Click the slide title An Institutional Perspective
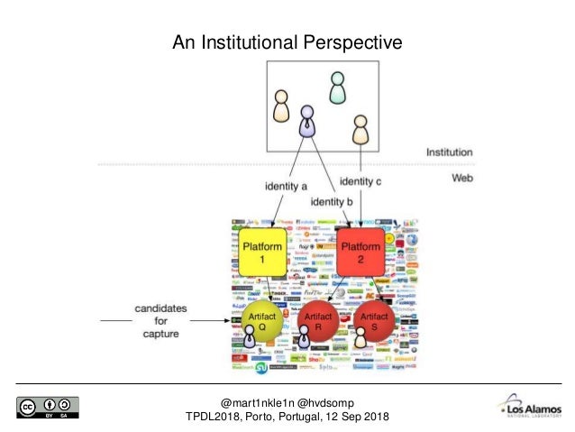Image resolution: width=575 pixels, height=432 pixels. (x=287, y=41)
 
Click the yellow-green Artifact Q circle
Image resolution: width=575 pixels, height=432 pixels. (x=257, y=324)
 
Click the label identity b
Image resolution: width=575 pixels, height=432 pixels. (x=332, y=201)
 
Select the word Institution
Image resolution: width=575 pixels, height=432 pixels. (x=449, y=152)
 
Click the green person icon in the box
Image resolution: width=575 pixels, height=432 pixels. (x=337, y=87)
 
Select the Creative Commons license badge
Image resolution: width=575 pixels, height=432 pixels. (x=47, y=407)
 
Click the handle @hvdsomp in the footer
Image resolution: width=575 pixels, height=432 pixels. (x=327, y=401)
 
